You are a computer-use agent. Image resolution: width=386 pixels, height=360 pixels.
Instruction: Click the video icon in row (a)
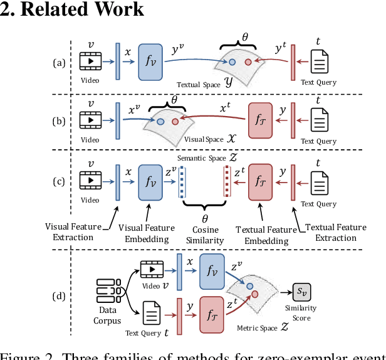click(91, 61)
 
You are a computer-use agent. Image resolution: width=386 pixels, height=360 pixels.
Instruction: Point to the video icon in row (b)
click(91, 119)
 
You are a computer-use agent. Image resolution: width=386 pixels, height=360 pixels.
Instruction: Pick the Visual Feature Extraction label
click(70, 232)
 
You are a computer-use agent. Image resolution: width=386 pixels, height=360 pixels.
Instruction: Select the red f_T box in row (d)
click(211, 310)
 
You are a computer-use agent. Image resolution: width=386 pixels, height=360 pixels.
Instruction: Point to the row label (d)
click(58, 293)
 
